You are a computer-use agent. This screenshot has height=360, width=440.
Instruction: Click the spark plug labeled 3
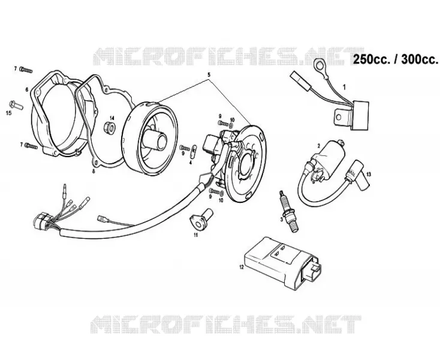(x=287, y=211)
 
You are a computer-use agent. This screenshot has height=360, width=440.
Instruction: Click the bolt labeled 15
(x=16, y=105)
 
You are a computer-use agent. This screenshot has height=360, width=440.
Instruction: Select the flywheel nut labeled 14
(x=110, y=128)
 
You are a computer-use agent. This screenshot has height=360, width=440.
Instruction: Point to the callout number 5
(x=209, y=75)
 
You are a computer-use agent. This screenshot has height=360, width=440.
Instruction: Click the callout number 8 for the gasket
(x=94, y=171)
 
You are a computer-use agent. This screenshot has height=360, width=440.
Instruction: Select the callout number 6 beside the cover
(x=27, y=90)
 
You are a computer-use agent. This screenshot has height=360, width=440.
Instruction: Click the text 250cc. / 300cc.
(x=395, y=59)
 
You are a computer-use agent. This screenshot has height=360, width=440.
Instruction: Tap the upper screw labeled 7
(x=26, y=70)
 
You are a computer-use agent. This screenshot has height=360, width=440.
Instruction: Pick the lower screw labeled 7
(x=31, y=146)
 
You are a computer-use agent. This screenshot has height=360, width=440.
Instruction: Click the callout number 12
(x=242, y=267)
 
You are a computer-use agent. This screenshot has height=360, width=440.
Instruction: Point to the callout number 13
(x=369, y=175)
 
